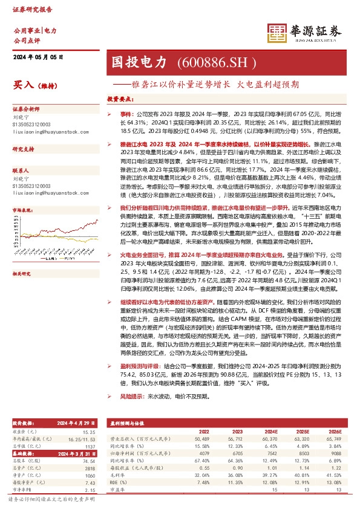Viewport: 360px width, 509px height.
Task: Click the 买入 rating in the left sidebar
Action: coord(23,85)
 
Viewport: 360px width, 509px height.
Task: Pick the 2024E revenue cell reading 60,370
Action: coord(269,438)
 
